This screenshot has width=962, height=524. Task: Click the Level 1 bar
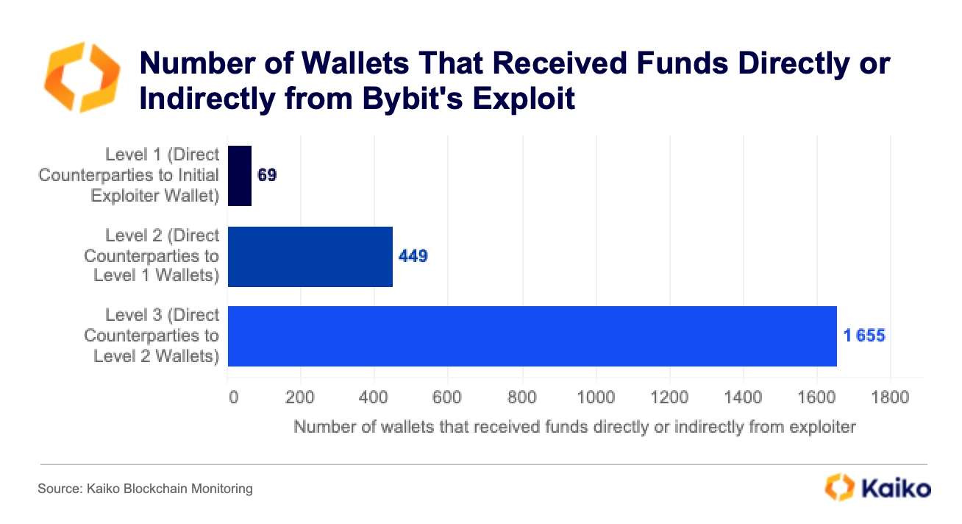coord(240,176)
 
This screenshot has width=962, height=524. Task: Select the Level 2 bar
coord(310,256)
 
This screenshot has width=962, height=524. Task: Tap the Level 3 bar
coord(532,336)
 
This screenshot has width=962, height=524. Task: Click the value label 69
coord(267,177)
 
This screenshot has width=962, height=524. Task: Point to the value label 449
coord(413,256)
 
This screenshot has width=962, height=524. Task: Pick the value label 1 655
coord(864,336)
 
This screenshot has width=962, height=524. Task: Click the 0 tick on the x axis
coord(233,398)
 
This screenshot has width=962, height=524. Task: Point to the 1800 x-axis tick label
coord(889,398)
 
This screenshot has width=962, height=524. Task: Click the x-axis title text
coord(574,427)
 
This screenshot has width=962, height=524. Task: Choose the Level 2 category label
coord(152,255)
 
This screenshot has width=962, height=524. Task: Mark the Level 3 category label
coord(152,336)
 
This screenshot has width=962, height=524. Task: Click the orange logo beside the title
coord(81,78)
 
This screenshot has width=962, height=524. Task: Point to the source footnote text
coord(146,488)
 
